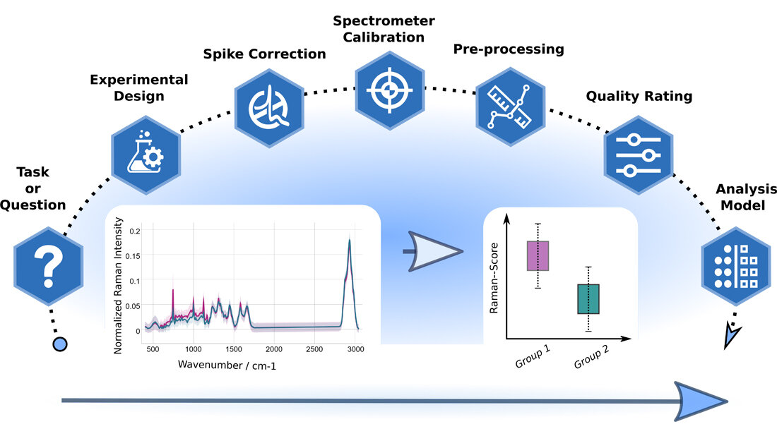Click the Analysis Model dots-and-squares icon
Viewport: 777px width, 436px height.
tap(735, 266)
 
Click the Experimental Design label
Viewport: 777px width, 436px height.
tap(139, 87)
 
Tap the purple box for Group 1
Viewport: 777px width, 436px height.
tap(538, 255)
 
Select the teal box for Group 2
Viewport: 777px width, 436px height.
tap(588, 298)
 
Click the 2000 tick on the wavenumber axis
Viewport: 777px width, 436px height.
tap(273, 349)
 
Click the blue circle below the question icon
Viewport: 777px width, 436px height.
tap(61, 344)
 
